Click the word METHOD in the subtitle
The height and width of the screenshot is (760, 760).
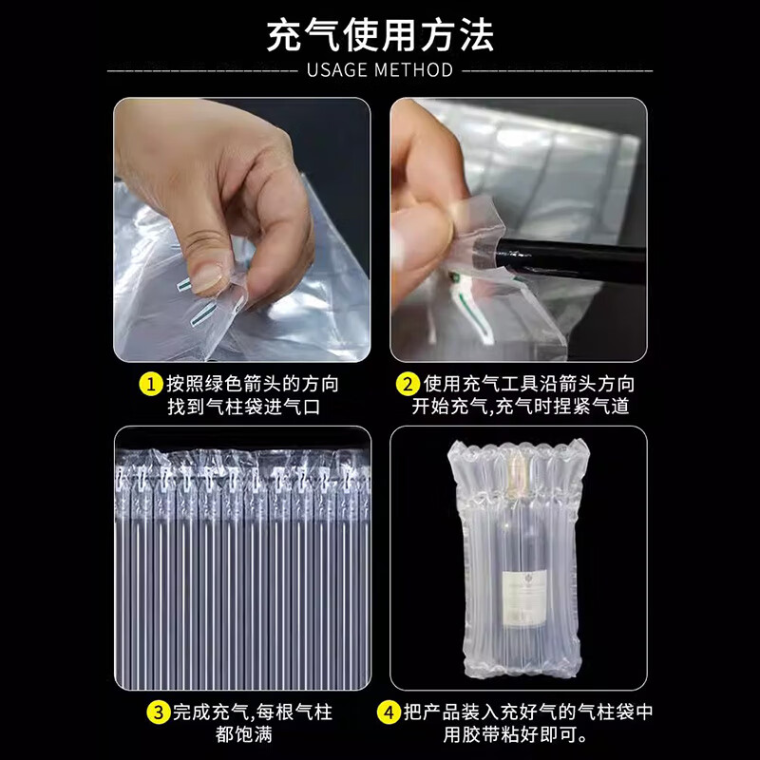(x=415, y=70)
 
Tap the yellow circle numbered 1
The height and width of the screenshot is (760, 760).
(x=150, y=385)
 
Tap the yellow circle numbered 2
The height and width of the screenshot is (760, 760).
(x=408, y=385)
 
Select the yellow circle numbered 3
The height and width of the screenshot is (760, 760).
(x=158, y=712)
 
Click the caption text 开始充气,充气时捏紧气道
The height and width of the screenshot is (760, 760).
(x=521, y=408)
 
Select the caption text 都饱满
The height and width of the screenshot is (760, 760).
(x=242, y=734)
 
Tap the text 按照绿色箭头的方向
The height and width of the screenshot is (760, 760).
(x=252, y=385)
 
